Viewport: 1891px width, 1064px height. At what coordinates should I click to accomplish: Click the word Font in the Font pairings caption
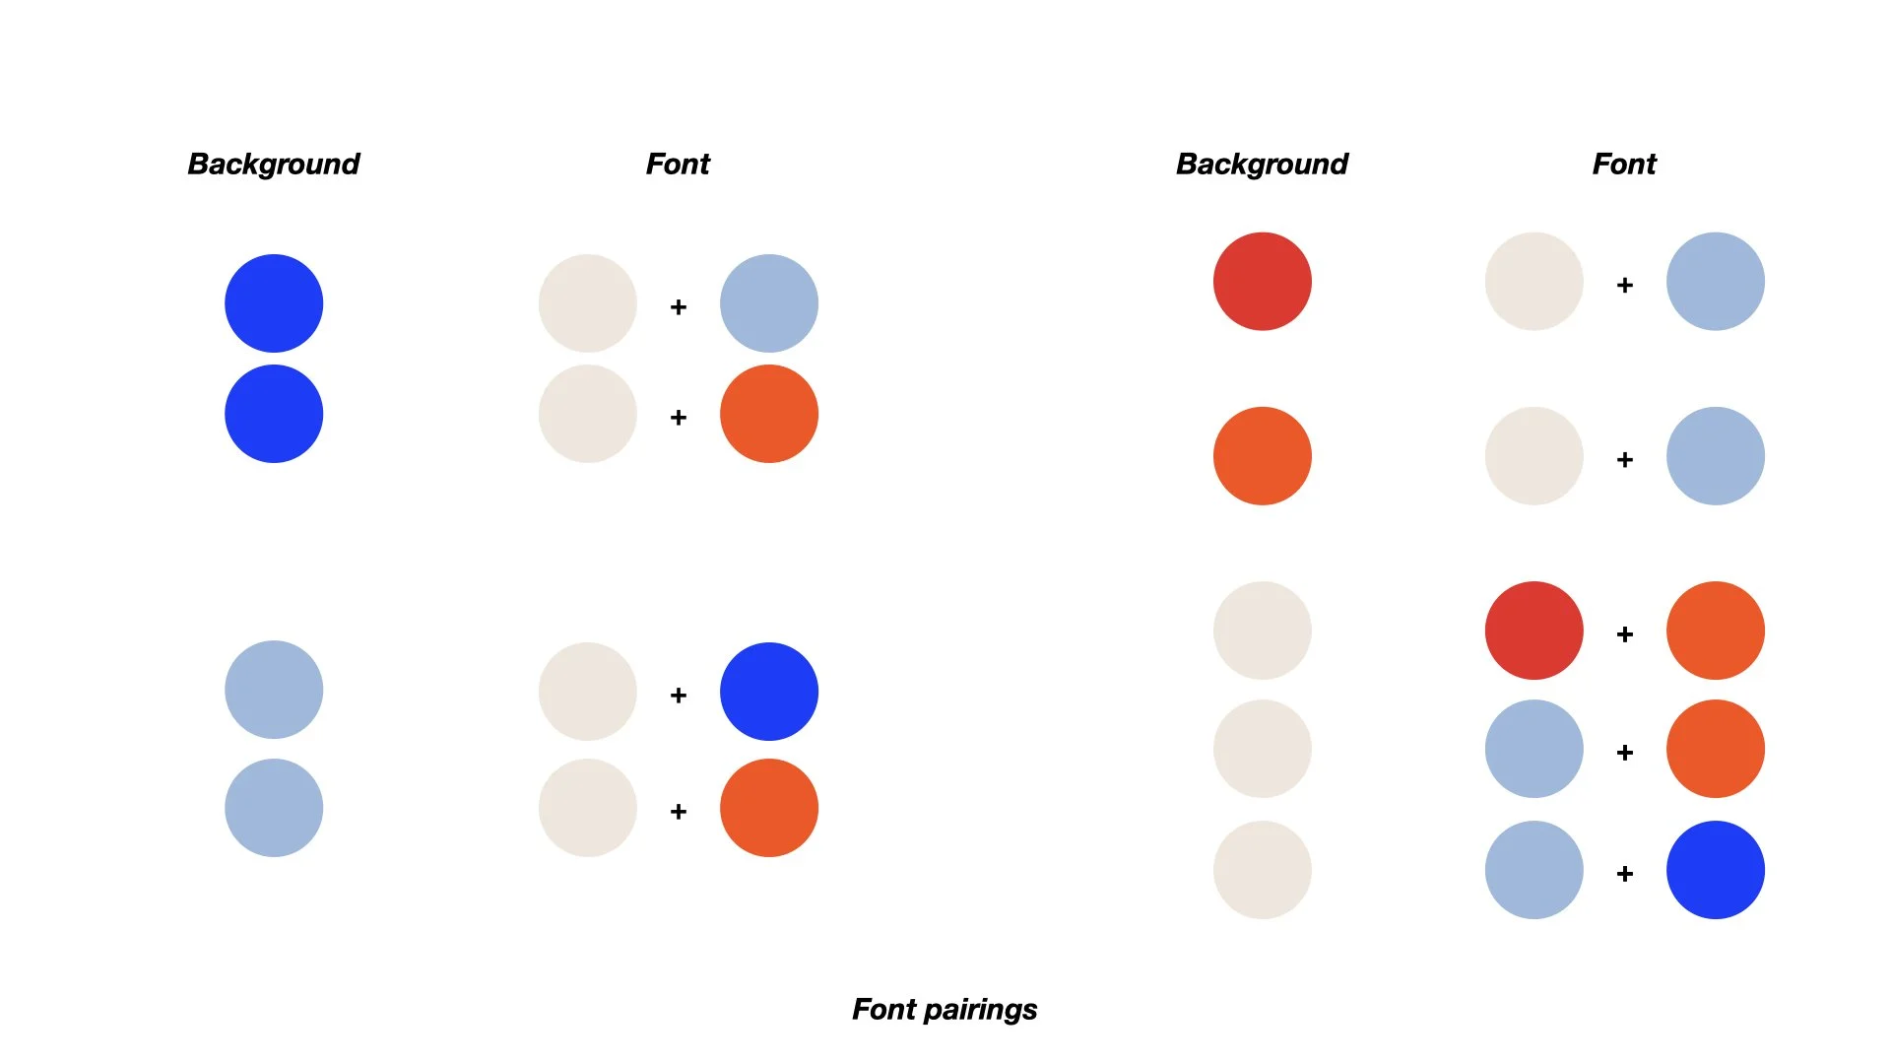(x=883, y=1009)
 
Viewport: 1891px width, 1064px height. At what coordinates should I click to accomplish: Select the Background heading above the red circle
(x=1262, y=164)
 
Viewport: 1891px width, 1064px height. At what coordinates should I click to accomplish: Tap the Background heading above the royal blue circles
(x=273, y=164)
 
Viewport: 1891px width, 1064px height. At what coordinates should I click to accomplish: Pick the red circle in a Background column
(x=1262, y=282)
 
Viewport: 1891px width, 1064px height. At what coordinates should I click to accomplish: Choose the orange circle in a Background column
(x=1262, y=456)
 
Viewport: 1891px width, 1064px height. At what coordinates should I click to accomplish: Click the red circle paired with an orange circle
(x=1533, y=631)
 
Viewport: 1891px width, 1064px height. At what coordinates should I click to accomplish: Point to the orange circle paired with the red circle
(x=1715, y=631)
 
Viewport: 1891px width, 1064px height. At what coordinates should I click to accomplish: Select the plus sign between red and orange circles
(x=1625, y=634)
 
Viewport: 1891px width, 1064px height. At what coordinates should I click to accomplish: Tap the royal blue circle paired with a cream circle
(x=768, y=692)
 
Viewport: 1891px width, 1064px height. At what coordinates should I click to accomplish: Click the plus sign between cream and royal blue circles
(x=679, y=696)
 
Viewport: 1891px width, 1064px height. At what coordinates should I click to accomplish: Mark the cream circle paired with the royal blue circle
(x=587, y=692)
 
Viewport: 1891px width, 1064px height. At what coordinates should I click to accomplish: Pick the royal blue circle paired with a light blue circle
(x=1715, y=870)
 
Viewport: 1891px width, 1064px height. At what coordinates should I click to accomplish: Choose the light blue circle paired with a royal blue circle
(x=1533, y=870)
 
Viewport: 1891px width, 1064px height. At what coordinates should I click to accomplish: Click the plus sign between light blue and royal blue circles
(x=1625, y=874)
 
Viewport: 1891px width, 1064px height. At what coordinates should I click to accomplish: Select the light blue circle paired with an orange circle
(x=1533, y=749)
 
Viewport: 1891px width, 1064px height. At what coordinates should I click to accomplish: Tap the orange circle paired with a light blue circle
(x=1715, y=749)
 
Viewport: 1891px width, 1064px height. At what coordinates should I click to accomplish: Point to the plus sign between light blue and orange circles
(x=1625, y=753)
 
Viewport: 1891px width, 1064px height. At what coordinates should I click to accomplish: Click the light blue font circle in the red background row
(x=1715, y=282)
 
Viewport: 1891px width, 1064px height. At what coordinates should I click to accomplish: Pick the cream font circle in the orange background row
(x=1533, y=456)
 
